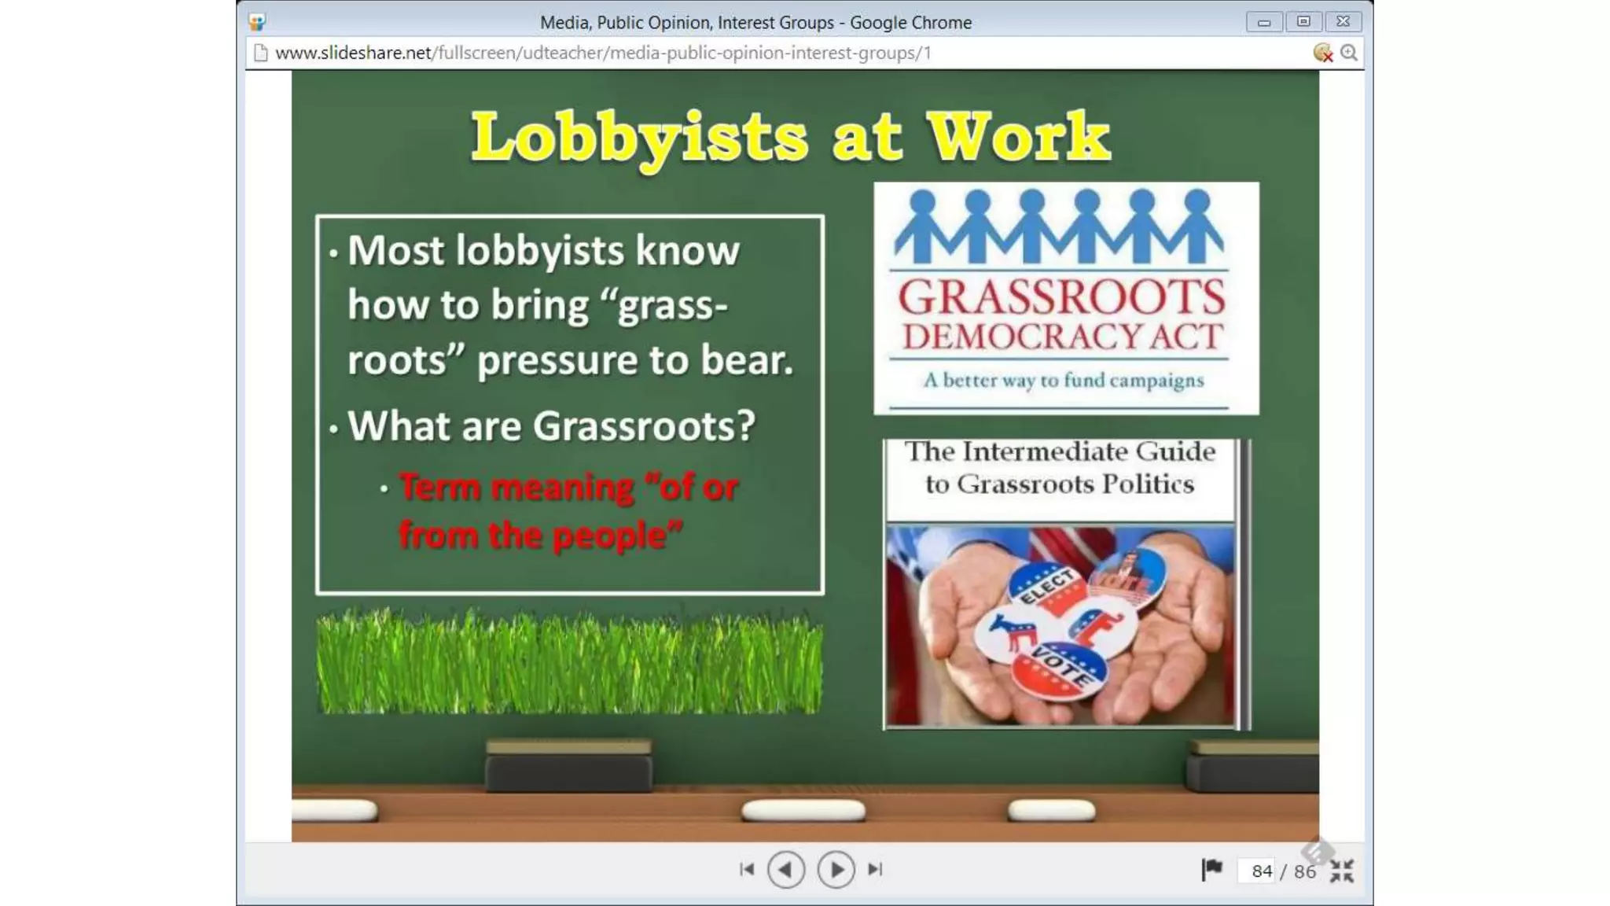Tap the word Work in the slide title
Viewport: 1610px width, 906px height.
point(1018,138)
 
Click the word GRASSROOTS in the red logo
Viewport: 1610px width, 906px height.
point(1061,298)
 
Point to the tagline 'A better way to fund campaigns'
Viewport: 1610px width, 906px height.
point(1063,381)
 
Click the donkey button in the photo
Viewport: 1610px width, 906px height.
point(1010,633)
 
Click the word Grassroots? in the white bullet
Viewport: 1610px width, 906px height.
point(644,426)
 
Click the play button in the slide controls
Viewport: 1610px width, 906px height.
point(836,870)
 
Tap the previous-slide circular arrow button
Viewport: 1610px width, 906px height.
point(785,870)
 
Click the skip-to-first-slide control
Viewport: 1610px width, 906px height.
point(747,870)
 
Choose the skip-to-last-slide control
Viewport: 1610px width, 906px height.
point(875,870)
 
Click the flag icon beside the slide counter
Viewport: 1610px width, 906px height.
point(1211,869)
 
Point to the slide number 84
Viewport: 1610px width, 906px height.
point(1262,871)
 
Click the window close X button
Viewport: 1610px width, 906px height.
point(1343,21)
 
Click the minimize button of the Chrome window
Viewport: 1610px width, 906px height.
point(1264,22)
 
